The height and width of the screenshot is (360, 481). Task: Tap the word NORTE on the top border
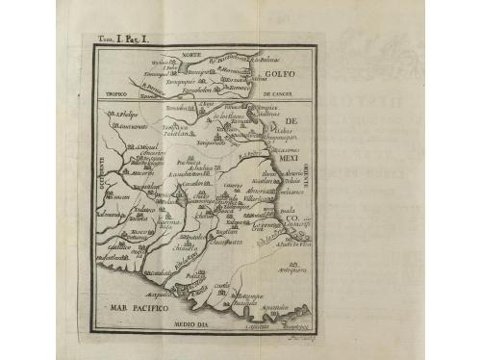point(194,53)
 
